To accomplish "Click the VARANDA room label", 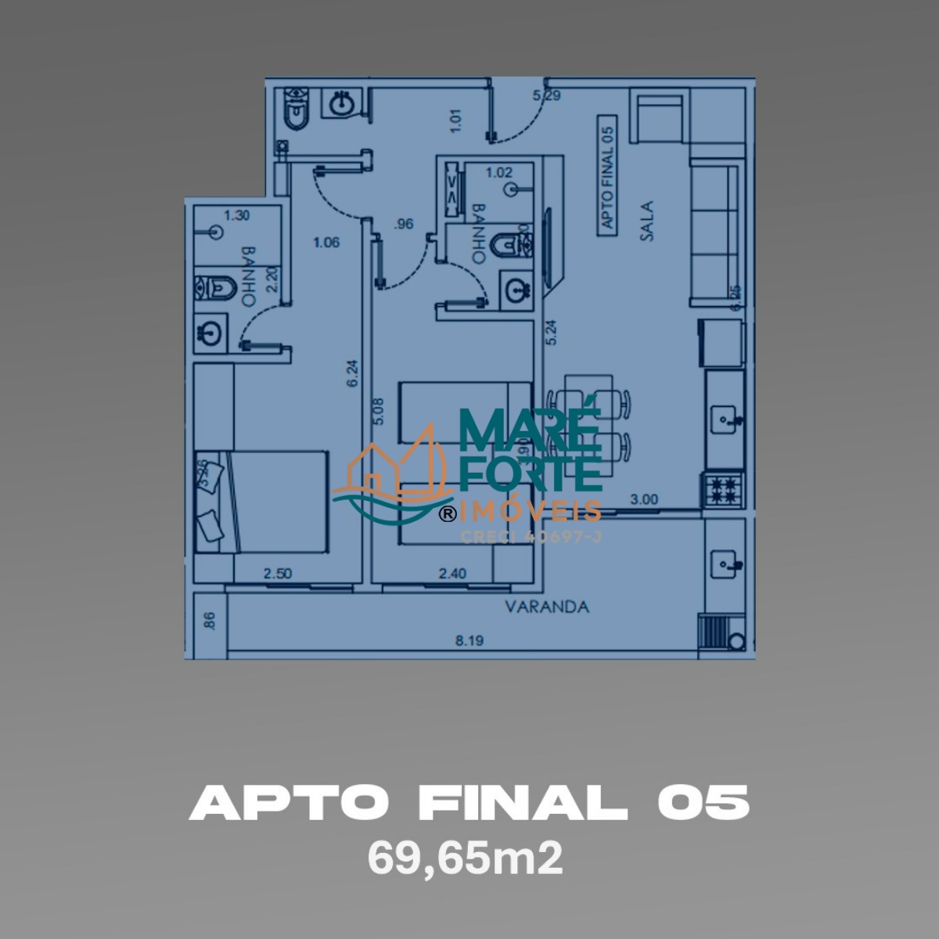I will [x=546, y=606].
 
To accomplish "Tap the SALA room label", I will [x=646, y=221].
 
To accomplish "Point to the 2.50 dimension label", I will [x=278, y=574].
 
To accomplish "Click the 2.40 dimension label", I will [x=452, y=574].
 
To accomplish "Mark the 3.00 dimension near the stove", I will [x=644, y=499].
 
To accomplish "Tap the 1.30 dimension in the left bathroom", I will [x=237, y=215].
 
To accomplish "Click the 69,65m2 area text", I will [x=466, y=859].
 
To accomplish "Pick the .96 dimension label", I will [x=404, y=225].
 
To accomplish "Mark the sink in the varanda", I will [x=722, y=561].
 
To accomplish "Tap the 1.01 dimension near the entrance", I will [x=457, y=119].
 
